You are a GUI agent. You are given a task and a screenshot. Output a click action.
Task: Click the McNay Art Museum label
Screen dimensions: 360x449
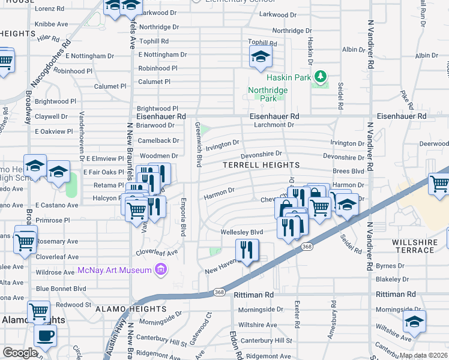pyautogui.click(x=115, y=270)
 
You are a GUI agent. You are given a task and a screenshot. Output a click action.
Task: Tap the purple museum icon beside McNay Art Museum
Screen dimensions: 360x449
pyautogui.click(x=160, y=270)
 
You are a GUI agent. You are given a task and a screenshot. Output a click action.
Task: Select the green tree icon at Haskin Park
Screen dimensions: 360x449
pyautogui.click(x=321, y=76)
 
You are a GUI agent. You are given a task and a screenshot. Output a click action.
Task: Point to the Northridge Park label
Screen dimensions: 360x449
pyautogui.click(x=268, y=94)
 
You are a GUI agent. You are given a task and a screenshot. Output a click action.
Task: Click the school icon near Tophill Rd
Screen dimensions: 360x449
pyautogui.click(x=260, y=57)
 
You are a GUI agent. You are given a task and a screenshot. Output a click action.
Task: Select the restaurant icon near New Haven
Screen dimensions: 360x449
pyautogui.click(x=247, y=249)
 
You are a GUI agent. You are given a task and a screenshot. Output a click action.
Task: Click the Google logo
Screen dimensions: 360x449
pyautogui.click(x=20, y=353)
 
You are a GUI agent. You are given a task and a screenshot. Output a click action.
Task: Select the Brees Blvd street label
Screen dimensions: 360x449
pyautogui.click(x=352, y=171)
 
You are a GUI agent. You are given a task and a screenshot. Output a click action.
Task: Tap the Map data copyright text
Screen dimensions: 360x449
pyautogui.click(x=424, y=355)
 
